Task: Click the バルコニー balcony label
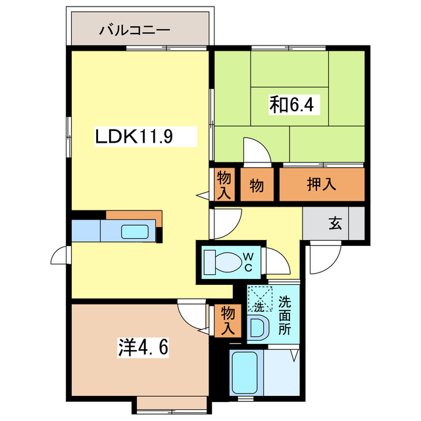coord(136,30)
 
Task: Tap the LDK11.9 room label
coord(135,137)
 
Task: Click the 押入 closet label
coord(322,185)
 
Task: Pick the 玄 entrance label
coord(335,224)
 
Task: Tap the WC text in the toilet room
coord(249,261)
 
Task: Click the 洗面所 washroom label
coord(284,316)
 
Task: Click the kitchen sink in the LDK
coord(135,232)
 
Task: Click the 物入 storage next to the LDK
coord(224,185)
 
